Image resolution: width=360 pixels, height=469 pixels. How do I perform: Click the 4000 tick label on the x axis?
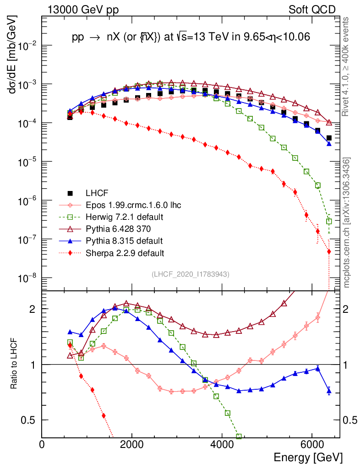coord(222,445)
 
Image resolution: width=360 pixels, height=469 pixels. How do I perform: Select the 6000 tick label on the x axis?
coord(311,445)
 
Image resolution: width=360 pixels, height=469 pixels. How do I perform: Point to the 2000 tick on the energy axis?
coord(132,445)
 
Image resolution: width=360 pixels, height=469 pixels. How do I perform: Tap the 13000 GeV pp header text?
coord(82,10)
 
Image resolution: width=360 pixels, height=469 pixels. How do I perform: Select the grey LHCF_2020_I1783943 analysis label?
coord(191,274)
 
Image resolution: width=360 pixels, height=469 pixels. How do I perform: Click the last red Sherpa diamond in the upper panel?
coord(329,251)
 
